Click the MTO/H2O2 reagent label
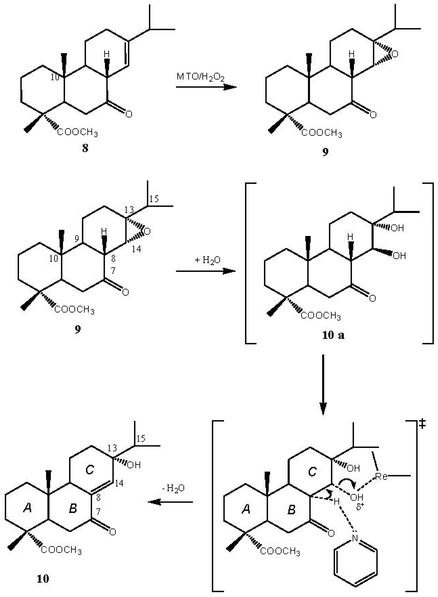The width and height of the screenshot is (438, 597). tap(200, 77)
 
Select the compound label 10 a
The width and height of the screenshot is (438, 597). tap(333, 335)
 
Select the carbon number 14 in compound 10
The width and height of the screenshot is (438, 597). tap(119, 483)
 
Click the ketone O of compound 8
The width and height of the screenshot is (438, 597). tap(129, 114)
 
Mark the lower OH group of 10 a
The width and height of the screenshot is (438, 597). tap(399, 256)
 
